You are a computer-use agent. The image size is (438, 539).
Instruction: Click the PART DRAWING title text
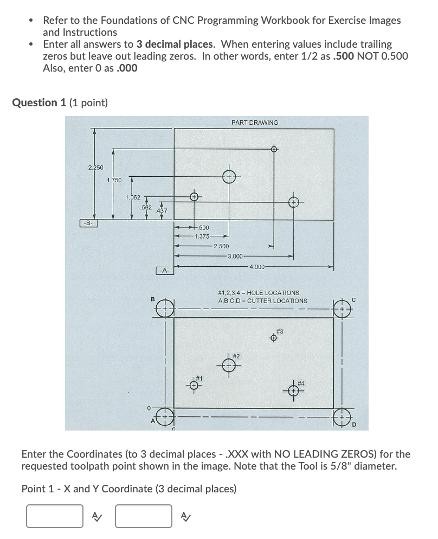coord(254,123)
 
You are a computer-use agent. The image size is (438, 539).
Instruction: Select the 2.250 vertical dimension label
coord(95,167)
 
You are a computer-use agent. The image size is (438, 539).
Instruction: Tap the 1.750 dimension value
coord(114,179)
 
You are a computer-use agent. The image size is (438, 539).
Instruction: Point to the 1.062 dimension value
coord(133,197)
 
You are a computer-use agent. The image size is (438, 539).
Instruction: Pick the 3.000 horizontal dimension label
coord(236,256)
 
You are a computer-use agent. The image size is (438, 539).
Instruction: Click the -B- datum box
coord(87,223)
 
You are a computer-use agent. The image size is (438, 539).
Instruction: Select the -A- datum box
coord(164,270)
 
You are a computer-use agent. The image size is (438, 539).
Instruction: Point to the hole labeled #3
coord(274,338)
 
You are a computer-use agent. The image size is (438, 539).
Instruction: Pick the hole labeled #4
coord(293,390)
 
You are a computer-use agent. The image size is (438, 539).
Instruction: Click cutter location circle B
coord(165,309)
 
